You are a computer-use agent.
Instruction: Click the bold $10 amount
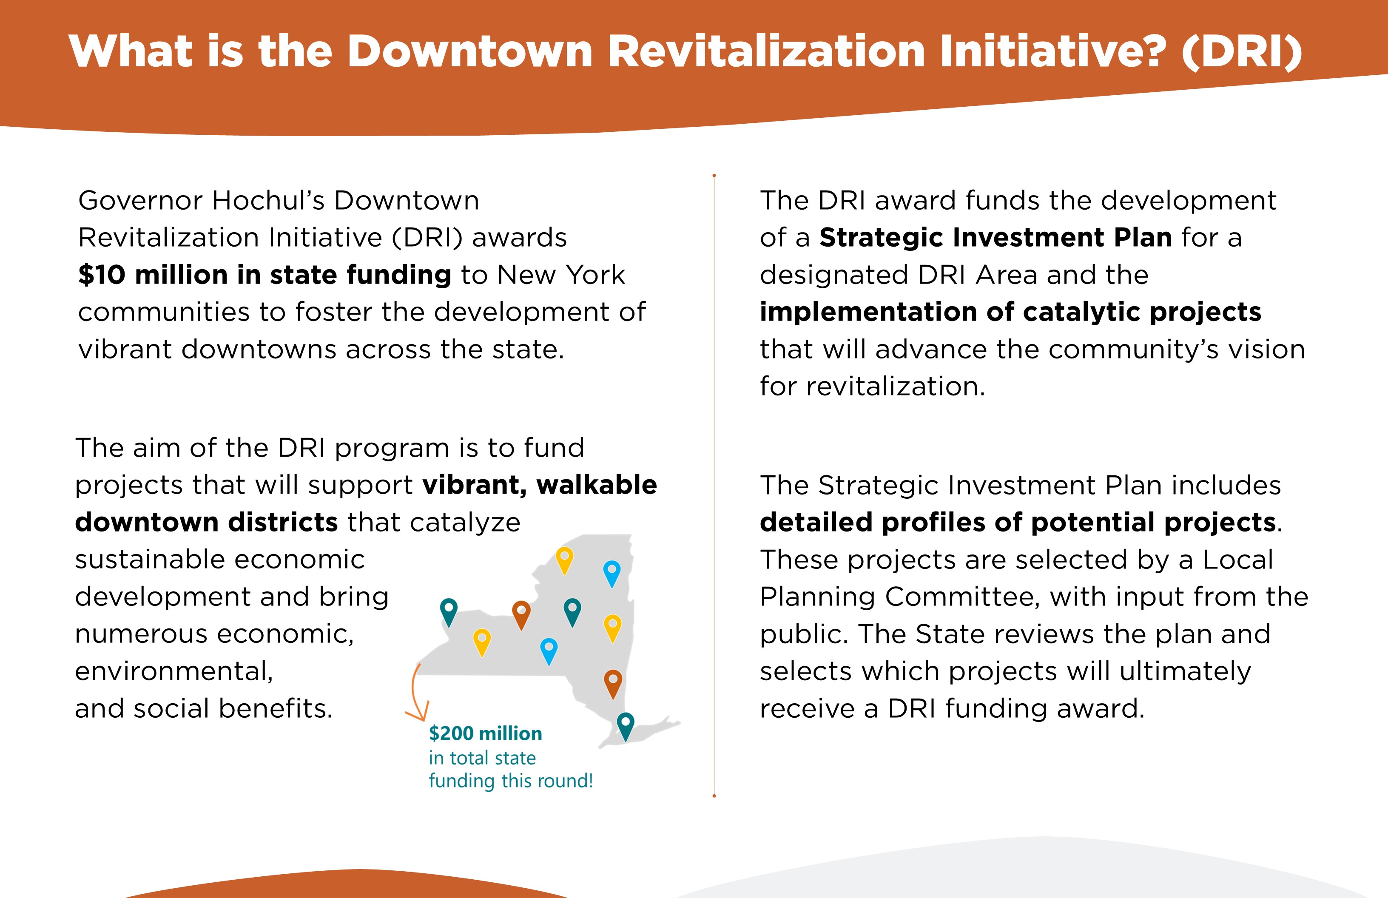[x=102, y=274]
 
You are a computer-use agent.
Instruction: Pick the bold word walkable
[x=597, y=485]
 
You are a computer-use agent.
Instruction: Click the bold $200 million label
[x=485, y=733]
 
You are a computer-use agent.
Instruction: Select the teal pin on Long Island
[x=625, y=726]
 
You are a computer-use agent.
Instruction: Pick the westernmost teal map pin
[x=449, y=612]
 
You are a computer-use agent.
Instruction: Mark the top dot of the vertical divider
[x=714, y=175]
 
